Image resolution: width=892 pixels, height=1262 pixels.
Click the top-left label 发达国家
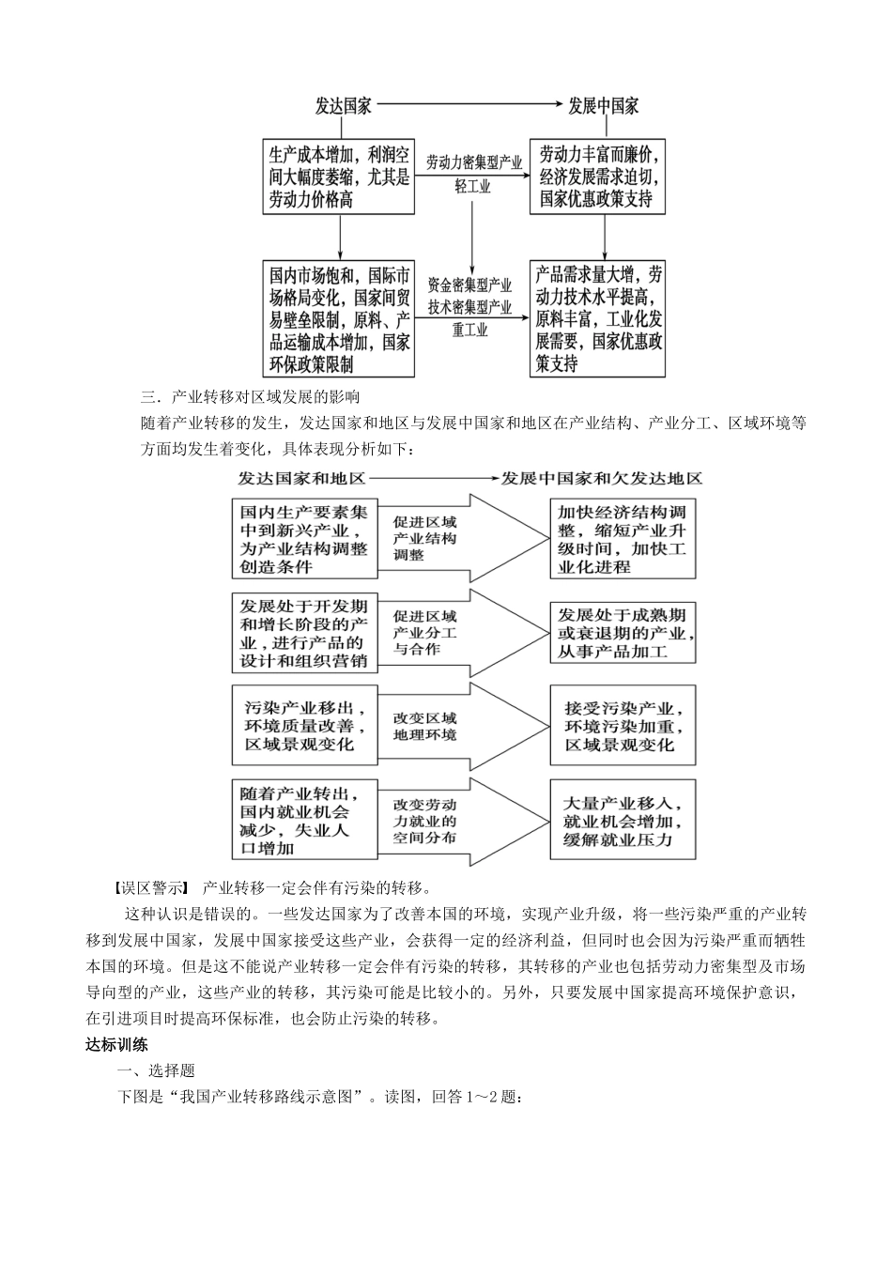point(343,106)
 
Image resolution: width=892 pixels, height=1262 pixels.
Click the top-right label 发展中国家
point(604,106)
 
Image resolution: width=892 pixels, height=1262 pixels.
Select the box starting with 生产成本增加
point(339,177)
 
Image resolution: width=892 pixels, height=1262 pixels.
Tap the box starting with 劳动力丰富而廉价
point(598,177)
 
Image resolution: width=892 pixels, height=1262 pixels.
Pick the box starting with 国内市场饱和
point(339,319)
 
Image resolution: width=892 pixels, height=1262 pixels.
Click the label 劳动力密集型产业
point(473,162)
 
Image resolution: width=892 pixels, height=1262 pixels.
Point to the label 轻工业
point(473,186)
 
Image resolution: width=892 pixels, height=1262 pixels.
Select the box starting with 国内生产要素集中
point(305,539)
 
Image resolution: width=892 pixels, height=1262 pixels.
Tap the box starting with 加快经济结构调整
point(623,539)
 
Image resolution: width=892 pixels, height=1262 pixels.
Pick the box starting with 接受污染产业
point(623,725)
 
